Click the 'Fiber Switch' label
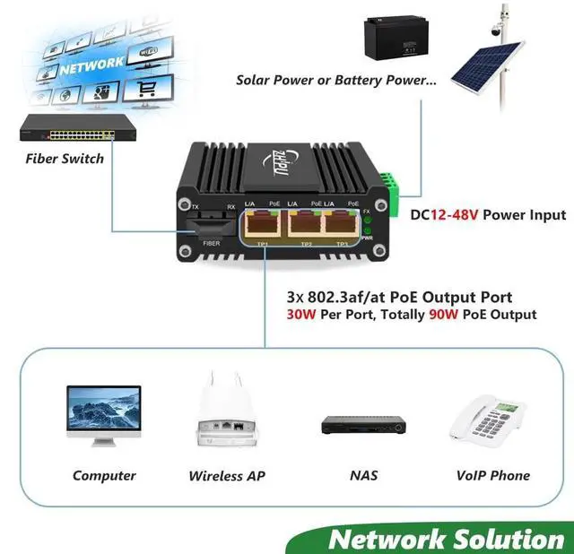tap(64, 159)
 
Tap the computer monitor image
tap(104, 415)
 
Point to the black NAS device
tap(358, 424)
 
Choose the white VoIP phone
tap(491, 417)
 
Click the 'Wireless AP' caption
tap(227, 476)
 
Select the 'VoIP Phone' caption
tap(492, 476)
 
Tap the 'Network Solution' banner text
tap(446, 539)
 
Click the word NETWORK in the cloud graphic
tap(92, 65)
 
